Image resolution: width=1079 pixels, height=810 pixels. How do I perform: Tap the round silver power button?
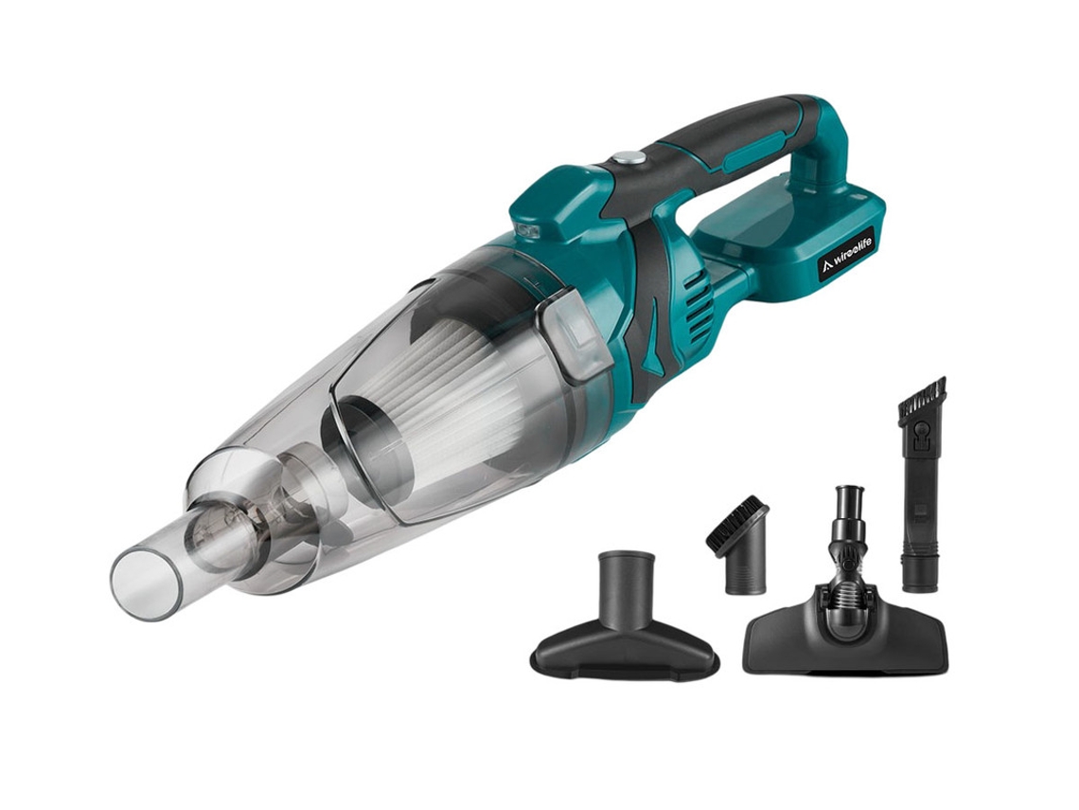click(x=630, y=158)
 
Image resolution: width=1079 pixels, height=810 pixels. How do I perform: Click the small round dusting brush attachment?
click(x=737, y=544)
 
